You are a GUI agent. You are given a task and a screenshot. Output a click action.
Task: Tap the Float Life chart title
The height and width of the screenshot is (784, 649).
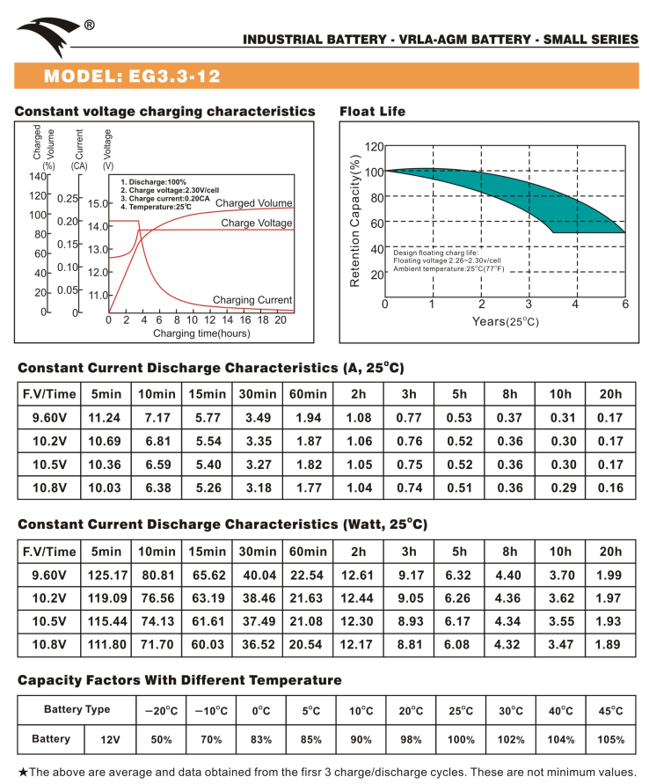click(373, 112)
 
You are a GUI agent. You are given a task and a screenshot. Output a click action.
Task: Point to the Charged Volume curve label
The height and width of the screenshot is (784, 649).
click(253, 203)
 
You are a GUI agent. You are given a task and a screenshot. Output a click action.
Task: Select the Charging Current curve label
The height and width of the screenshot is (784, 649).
click(252, 300)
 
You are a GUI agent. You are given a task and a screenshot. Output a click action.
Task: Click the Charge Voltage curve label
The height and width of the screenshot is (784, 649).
click(257, 223)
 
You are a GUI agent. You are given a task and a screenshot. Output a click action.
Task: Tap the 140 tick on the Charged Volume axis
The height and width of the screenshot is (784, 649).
click(37, 176)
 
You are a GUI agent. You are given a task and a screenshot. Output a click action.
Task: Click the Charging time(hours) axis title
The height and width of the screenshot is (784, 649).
click(201, 333)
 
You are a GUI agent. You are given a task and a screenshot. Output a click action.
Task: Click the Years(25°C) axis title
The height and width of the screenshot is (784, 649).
click(505, 321)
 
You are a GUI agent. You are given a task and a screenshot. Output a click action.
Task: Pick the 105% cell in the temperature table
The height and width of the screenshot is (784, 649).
click(611, 739)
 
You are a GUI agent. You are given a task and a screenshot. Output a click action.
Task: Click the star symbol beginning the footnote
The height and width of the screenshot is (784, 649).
click(23, 773)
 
